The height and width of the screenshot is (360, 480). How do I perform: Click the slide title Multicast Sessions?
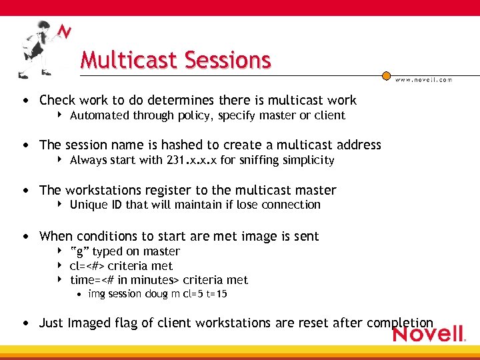click(175, 60)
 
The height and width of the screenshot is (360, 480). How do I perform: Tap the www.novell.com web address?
click(423, 79)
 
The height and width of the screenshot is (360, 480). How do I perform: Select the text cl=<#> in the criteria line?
click(87, 266)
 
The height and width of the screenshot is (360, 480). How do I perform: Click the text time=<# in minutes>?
click(124, 280)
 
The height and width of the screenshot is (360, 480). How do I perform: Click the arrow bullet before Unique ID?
click(60, 205)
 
